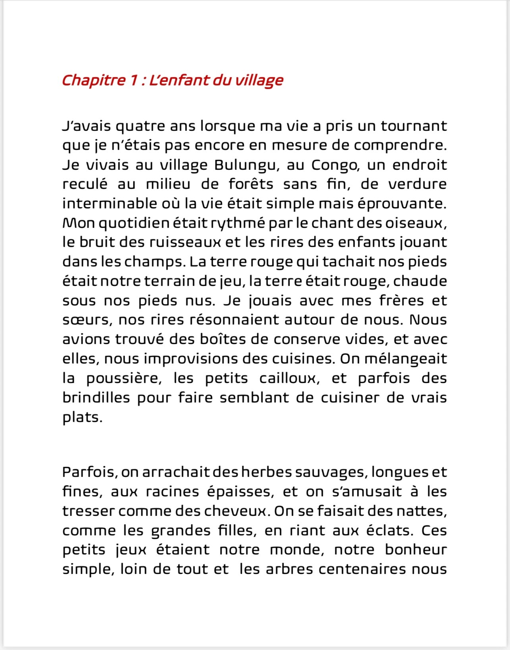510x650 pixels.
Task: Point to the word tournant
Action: tap(414, 126)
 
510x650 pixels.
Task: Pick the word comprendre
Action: tap(400, 146)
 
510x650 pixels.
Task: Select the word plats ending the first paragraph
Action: tap(82, 417)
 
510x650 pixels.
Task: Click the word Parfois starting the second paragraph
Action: tap(89, 472)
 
